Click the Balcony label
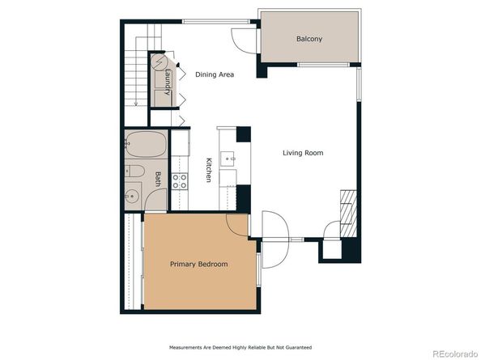[309, 39]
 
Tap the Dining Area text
[215, 74]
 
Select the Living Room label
[303, 153]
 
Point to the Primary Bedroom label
[198, 264]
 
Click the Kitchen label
[209, 170]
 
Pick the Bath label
[158, 179]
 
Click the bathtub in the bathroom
[146, 144]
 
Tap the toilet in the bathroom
[134, 171]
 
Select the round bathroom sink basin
[132, 196]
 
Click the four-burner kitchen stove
[180, 181]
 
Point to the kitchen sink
[228, 159]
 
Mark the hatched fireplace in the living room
[348, 214]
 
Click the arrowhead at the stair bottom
[136, 104]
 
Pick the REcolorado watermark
[455, 354]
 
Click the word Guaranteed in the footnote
[299, 347]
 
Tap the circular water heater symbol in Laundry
[158, 63]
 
